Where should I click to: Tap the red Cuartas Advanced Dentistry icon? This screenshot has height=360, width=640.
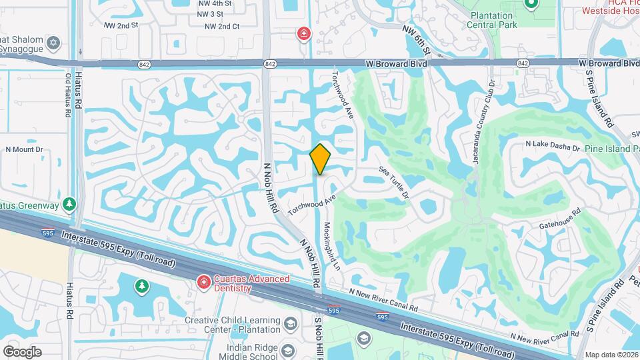pos(203,283)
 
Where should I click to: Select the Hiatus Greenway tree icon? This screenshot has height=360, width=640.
pos(69,203)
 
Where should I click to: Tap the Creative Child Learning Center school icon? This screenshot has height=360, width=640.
pos(290,324)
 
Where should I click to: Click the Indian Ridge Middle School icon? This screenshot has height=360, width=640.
pos(288,351)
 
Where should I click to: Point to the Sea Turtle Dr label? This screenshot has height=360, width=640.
pos(394,182)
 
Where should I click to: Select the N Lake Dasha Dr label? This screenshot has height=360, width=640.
pos(553,145)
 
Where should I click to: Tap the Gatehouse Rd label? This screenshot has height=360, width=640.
pos(560,217)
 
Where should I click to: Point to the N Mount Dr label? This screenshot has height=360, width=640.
pos(24,150)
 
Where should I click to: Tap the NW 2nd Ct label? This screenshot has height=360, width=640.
pos(222,26)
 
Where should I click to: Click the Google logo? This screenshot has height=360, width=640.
pos(22,351)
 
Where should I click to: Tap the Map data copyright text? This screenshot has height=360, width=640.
pos(612,355)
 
